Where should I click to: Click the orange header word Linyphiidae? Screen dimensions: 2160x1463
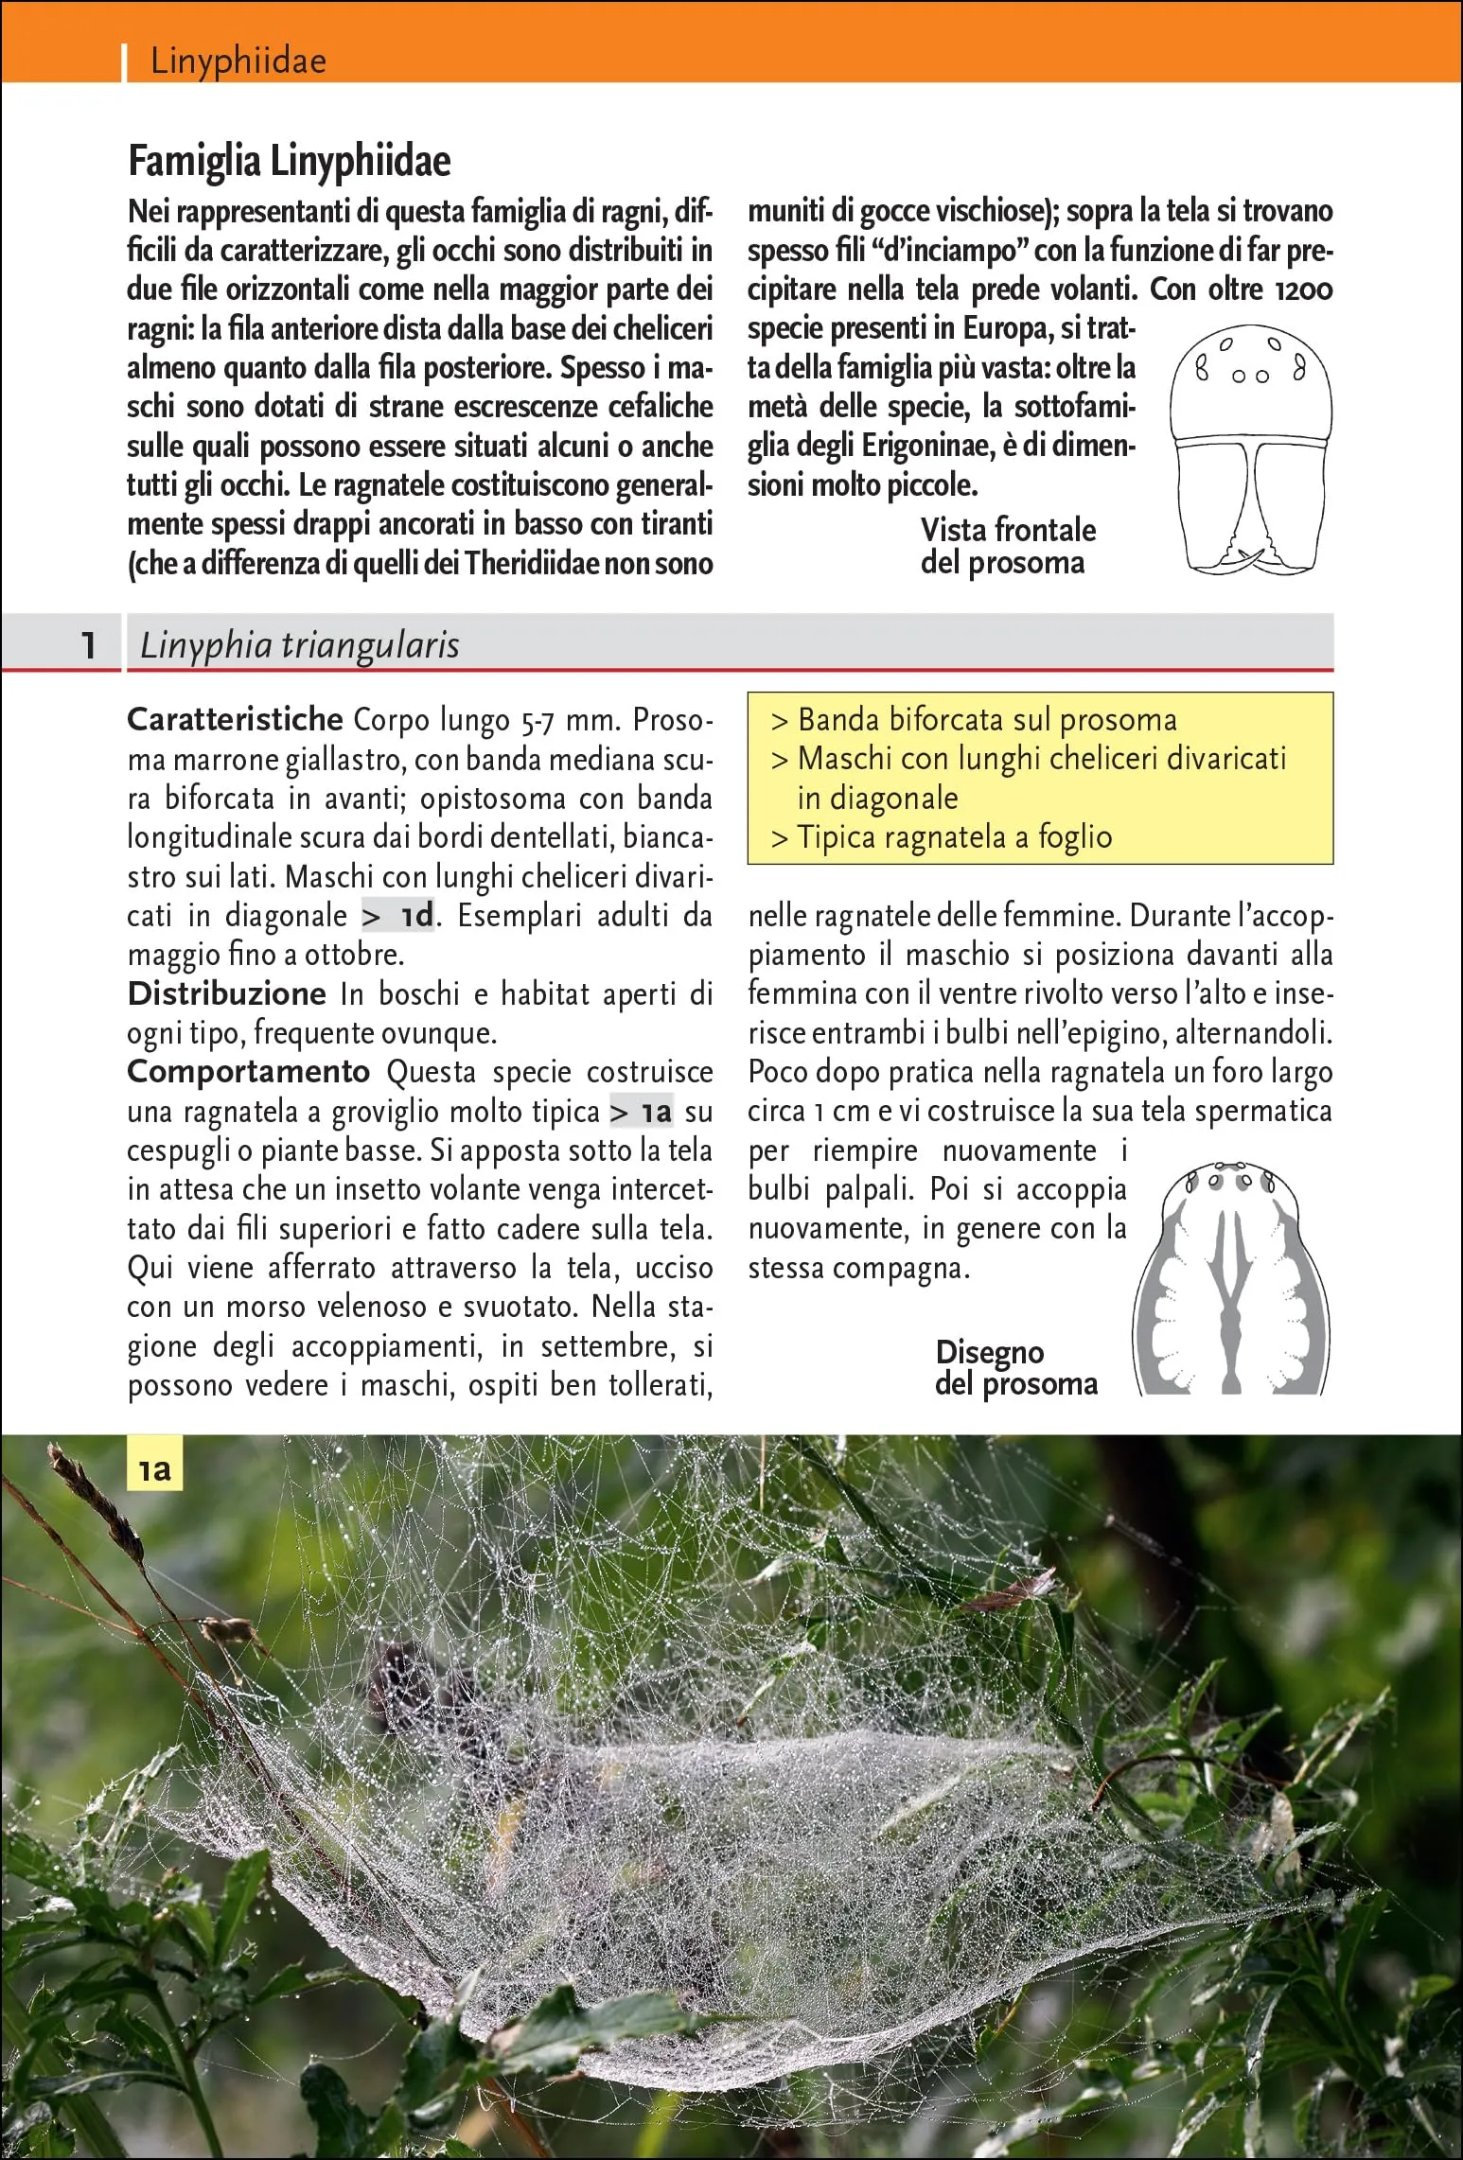click(238, 61)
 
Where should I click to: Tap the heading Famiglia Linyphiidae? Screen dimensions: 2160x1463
click(290, 161)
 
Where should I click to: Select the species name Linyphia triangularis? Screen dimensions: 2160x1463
click(299, 645)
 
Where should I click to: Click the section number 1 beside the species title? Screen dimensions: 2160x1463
click(88, 645)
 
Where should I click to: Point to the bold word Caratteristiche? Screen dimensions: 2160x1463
click(235, 719)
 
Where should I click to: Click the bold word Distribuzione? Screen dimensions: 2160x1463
click(227, 993)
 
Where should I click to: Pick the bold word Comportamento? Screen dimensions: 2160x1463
click(248, 1071)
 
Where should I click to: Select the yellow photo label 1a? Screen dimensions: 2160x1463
click(154, 1469)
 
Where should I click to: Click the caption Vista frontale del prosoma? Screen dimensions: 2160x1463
click(1007, 546)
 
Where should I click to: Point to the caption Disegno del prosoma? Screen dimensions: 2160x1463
click(1015, 1367)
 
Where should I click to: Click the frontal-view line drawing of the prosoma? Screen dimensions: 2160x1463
click(1251, 449)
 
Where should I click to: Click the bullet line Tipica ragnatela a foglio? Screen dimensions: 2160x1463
click(954, 837)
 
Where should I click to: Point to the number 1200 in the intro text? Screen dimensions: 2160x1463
click(1304, 290)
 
